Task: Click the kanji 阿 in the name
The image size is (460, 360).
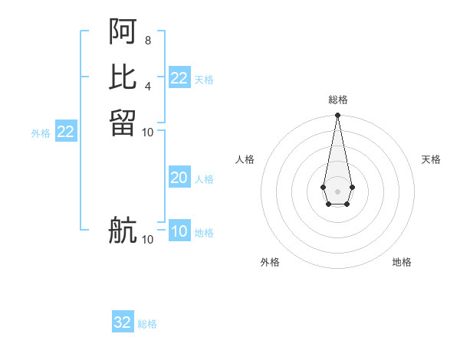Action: click(x=123, y=31)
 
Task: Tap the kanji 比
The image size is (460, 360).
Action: click(x=123, y=77)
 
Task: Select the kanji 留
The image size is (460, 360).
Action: click(x=123, y=123)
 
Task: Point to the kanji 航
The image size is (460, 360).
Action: click(x=123, y=231)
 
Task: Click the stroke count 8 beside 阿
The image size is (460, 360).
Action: click(x=147, y=39)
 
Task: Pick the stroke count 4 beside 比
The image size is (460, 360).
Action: click(x=147, y=85)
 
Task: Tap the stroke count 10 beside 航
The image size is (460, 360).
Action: click(x=147, y=240)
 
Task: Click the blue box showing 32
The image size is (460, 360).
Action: click(x=123, y=322)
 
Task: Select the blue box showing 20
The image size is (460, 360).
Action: click(x=179, y=178)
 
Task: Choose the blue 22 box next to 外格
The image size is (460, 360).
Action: click(x=66, y=132)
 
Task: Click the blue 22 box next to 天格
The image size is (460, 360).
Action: click(x=179, y=78)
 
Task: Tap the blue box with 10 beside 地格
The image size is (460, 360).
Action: click(x=179, y=231)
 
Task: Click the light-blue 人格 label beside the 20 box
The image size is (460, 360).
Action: click(x=204, y=179)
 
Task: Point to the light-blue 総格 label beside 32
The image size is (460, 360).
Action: click(x=147, y=324)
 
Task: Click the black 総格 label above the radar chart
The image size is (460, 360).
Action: click(x=337, y=100)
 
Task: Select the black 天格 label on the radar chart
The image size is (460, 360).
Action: click(x=431, y=159)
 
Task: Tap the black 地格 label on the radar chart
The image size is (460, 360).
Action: click(x=402, y=262)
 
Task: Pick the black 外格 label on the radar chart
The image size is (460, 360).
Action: click(x=270, y=262)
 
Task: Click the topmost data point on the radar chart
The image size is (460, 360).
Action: click(x=337, y=116)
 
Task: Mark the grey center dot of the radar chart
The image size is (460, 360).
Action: click(x=337, y=191)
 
